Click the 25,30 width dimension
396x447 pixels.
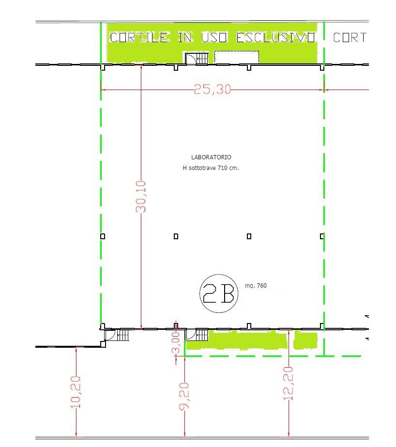click(212, 89)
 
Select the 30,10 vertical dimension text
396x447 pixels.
click(141, 197)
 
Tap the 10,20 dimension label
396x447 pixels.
click(76, 392)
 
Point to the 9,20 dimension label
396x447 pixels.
click(184, 396)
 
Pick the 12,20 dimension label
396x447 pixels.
click(289, 384)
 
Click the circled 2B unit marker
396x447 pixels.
click(219, 293)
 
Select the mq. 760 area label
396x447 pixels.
click(256, 286)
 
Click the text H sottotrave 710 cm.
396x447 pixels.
click(211, 168)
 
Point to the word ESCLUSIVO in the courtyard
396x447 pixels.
click(276, 38)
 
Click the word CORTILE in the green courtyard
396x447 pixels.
click(139, 38)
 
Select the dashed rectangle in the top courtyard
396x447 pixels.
click(236, 57)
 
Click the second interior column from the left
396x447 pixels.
click(176, 236)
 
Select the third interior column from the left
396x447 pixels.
click(249, 236)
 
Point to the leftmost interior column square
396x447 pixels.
click(103, 236)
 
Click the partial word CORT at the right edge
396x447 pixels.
click(350, 38)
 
